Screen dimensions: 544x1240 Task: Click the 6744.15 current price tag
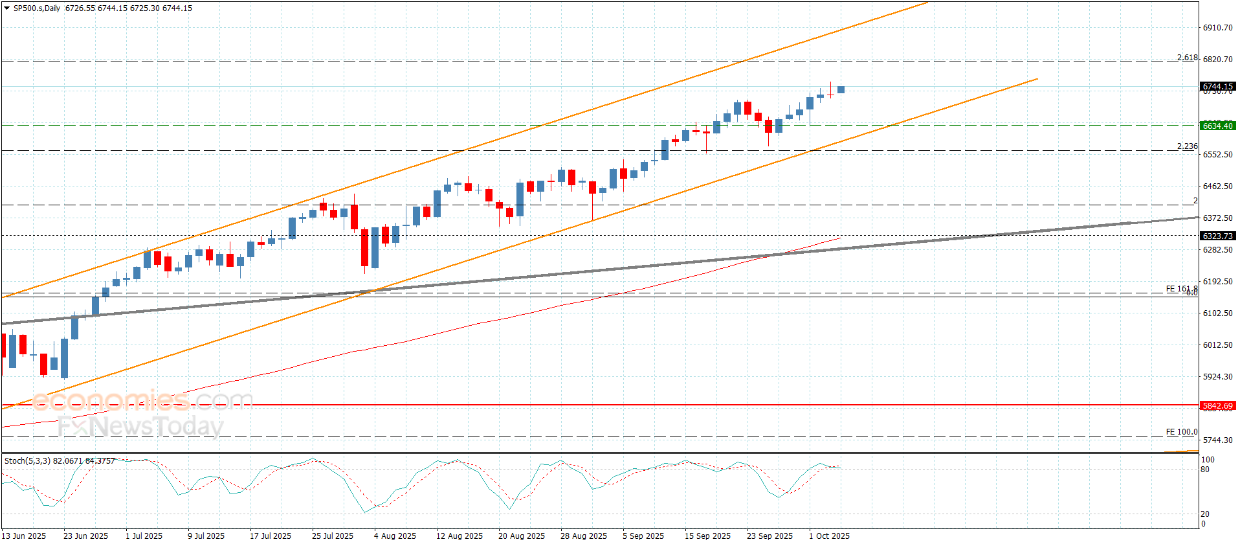[x=1217, y=87]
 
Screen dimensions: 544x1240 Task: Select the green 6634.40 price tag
[x=1217, y=126]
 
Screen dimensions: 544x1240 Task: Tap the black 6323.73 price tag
[x=1217, y=236]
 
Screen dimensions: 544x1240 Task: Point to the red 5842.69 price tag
[x=1217, y=406]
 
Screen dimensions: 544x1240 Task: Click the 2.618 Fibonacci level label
[x=1187, y=58]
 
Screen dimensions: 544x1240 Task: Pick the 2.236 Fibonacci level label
[x=1187, y=146]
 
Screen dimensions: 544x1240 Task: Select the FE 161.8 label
[x=1181, y=289]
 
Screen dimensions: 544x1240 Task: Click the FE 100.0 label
[x=1181, y=432]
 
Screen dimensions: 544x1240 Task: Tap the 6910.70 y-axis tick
[x=1217, y=28]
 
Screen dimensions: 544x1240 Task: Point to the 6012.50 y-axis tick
[x=1217, y=345]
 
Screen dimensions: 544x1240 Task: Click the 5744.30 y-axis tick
[x=1217, y=440]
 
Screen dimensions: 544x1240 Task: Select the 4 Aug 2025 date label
[x=395, y=536]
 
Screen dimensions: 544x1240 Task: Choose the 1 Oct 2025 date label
[x=829, y=536]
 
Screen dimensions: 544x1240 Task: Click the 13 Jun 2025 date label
[x=25, y=536]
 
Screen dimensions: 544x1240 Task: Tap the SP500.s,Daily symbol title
[x=37, y=8]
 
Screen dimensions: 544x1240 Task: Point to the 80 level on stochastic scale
[x=1204, y=470]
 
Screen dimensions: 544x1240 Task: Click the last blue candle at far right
[x=841, y=90]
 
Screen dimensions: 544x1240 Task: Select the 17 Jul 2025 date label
[x=271, y=536]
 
